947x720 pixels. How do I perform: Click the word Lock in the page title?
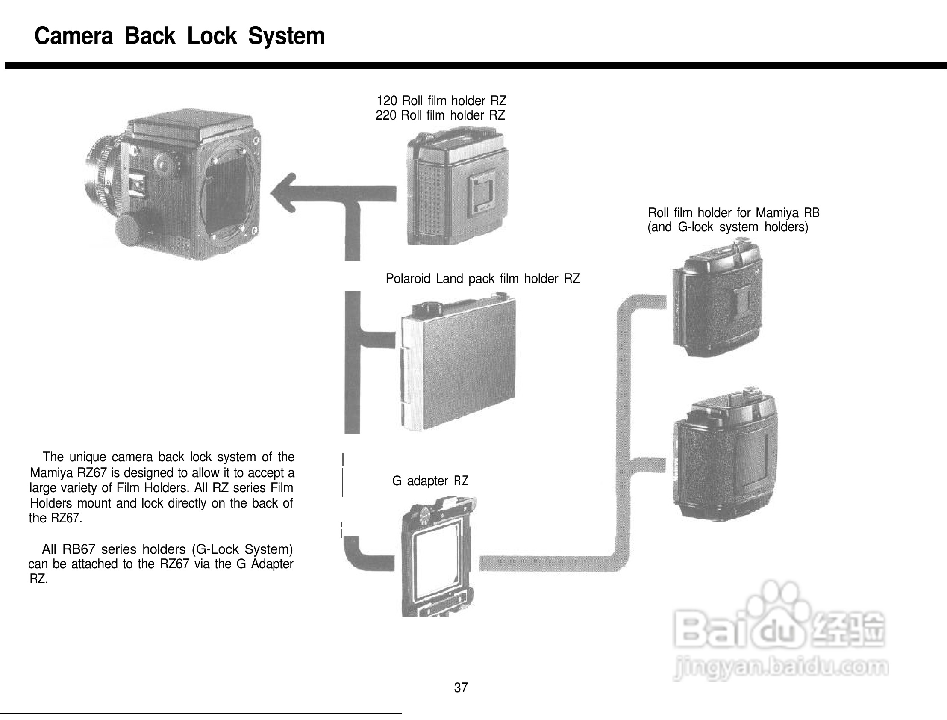point(212,36)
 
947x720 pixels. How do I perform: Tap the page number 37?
point(461,688)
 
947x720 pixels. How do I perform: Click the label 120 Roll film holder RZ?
point(441,101)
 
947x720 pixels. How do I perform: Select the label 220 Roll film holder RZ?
point(440,116)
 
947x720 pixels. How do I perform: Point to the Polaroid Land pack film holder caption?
point(483,279)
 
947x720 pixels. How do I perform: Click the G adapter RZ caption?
point(430,481)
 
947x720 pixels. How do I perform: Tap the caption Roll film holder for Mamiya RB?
point(733,213)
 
